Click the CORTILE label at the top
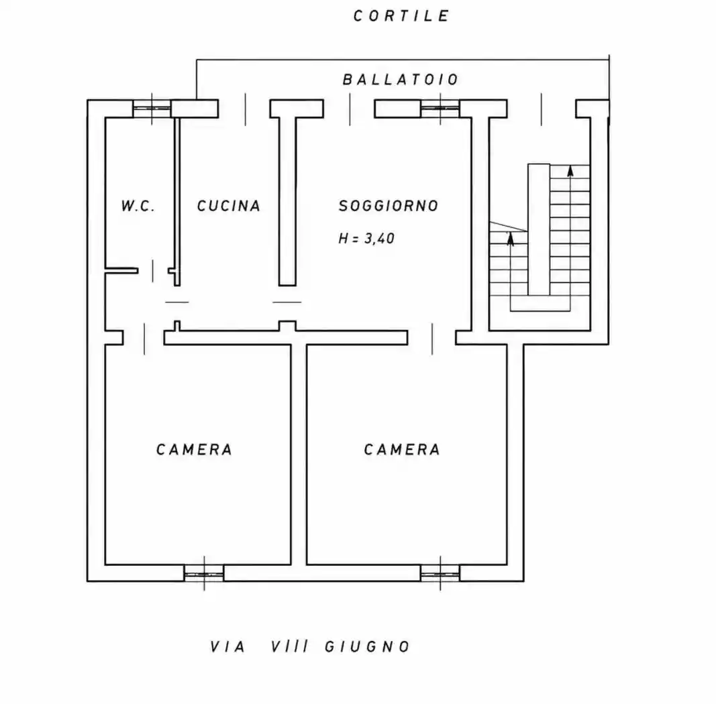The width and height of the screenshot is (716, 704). pyautogui.click(x=401, y=16)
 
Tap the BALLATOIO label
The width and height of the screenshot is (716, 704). pyautogui.click(x=400, y=79)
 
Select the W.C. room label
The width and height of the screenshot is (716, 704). pyautogui.click(x=138, y=206)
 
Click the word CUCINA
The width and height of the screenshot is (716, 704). pyautogui.click(x=228, y=206)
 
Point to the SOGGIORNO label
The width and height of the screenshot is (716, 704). pyautogui.click(x=388, y=206)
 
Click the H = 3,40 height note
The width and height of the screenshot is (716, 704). pyautogui.click(x=366, y=238)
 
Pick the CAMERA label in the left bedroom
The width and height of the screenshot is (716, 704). pyautogui.click(x=194, y=449)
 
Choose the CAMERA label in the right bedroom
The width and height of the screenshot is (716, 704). pyautogui.click(x=402, y=449)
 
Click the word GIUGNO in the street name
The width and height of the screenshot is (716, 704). pyautogui.click(x=367, y=646)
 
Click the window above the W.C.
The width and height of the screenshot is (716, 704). pyautogui.click(x=152, y=109)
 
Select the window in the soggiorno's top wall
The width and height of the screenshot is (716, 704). pyautogui.click(x=440, y=109)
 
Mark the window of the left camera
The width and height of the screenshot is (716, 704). pyautogui.click(x=204, y=573)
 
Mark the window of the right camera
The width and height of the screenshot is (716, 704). pyautogui.click(x=440, y=573)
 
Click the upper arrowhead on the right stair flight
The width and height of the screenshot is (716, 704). pyautogui.click(x=570, y=171)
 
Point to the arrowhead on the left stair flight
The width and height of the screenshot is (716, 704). pyautogui.click(x=510, y=238)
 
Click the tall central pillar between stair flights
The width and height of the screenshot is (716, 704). pyautogui.click(x=539, y=229)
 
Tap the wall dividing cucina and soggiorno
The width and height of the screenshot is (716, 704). pyautogui.click(x=287, y=200)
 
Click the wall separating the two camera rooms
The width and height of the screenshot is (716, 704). pyautogui.click(x=299, y=455)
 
